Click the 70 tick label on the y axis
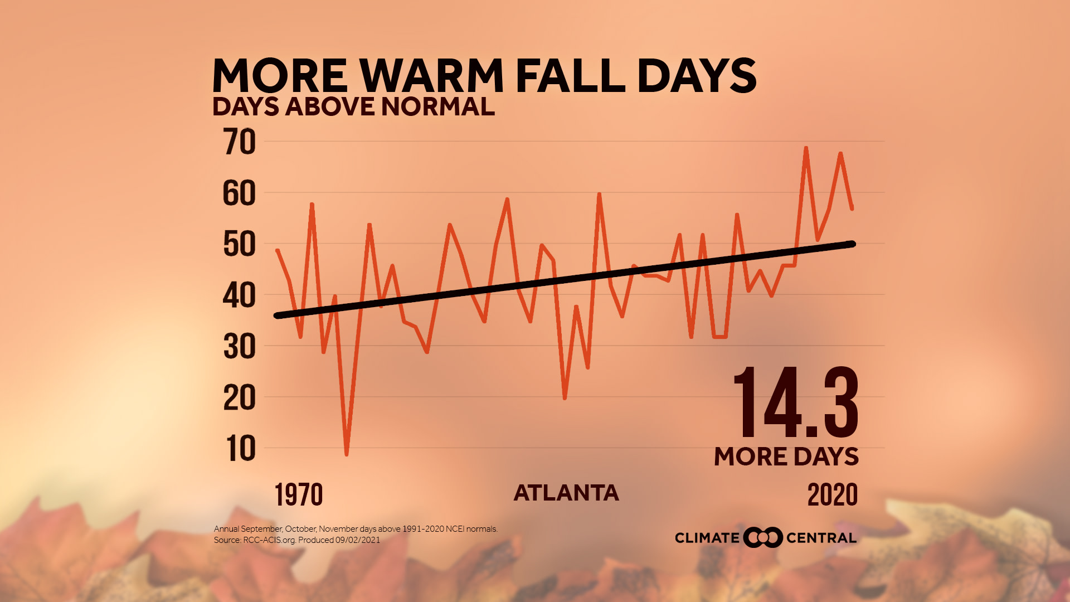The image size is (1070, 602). tap(240, 142)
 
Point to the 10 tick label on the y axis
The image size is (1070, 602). tap(241, 448)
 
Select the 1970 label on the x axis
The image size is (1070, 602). tap(299, 494)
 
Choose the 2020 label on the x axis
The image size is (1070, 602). tap(833, 494)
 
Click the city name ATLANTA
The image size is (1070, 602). tap(566, 493)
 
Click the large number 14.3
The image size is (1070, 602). tap(796, 402)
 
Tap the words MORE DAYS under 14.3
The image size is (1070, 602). tap(786, 457)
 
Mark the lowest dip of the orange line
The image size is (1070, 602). tap(347, 454)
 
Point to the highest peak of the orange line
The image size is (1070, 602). tap(806, 148)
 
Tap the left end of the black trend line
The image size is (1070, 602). tap(277, 315)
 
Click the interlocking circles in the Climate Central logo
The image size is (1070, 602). tap(763, 537)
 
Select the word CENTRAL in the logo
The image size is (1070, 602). tap(821, 538)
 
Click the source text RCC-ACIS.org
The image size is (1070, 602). tap(269, 540)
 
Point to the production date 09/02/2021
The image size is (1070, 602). tap(358, 540)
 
